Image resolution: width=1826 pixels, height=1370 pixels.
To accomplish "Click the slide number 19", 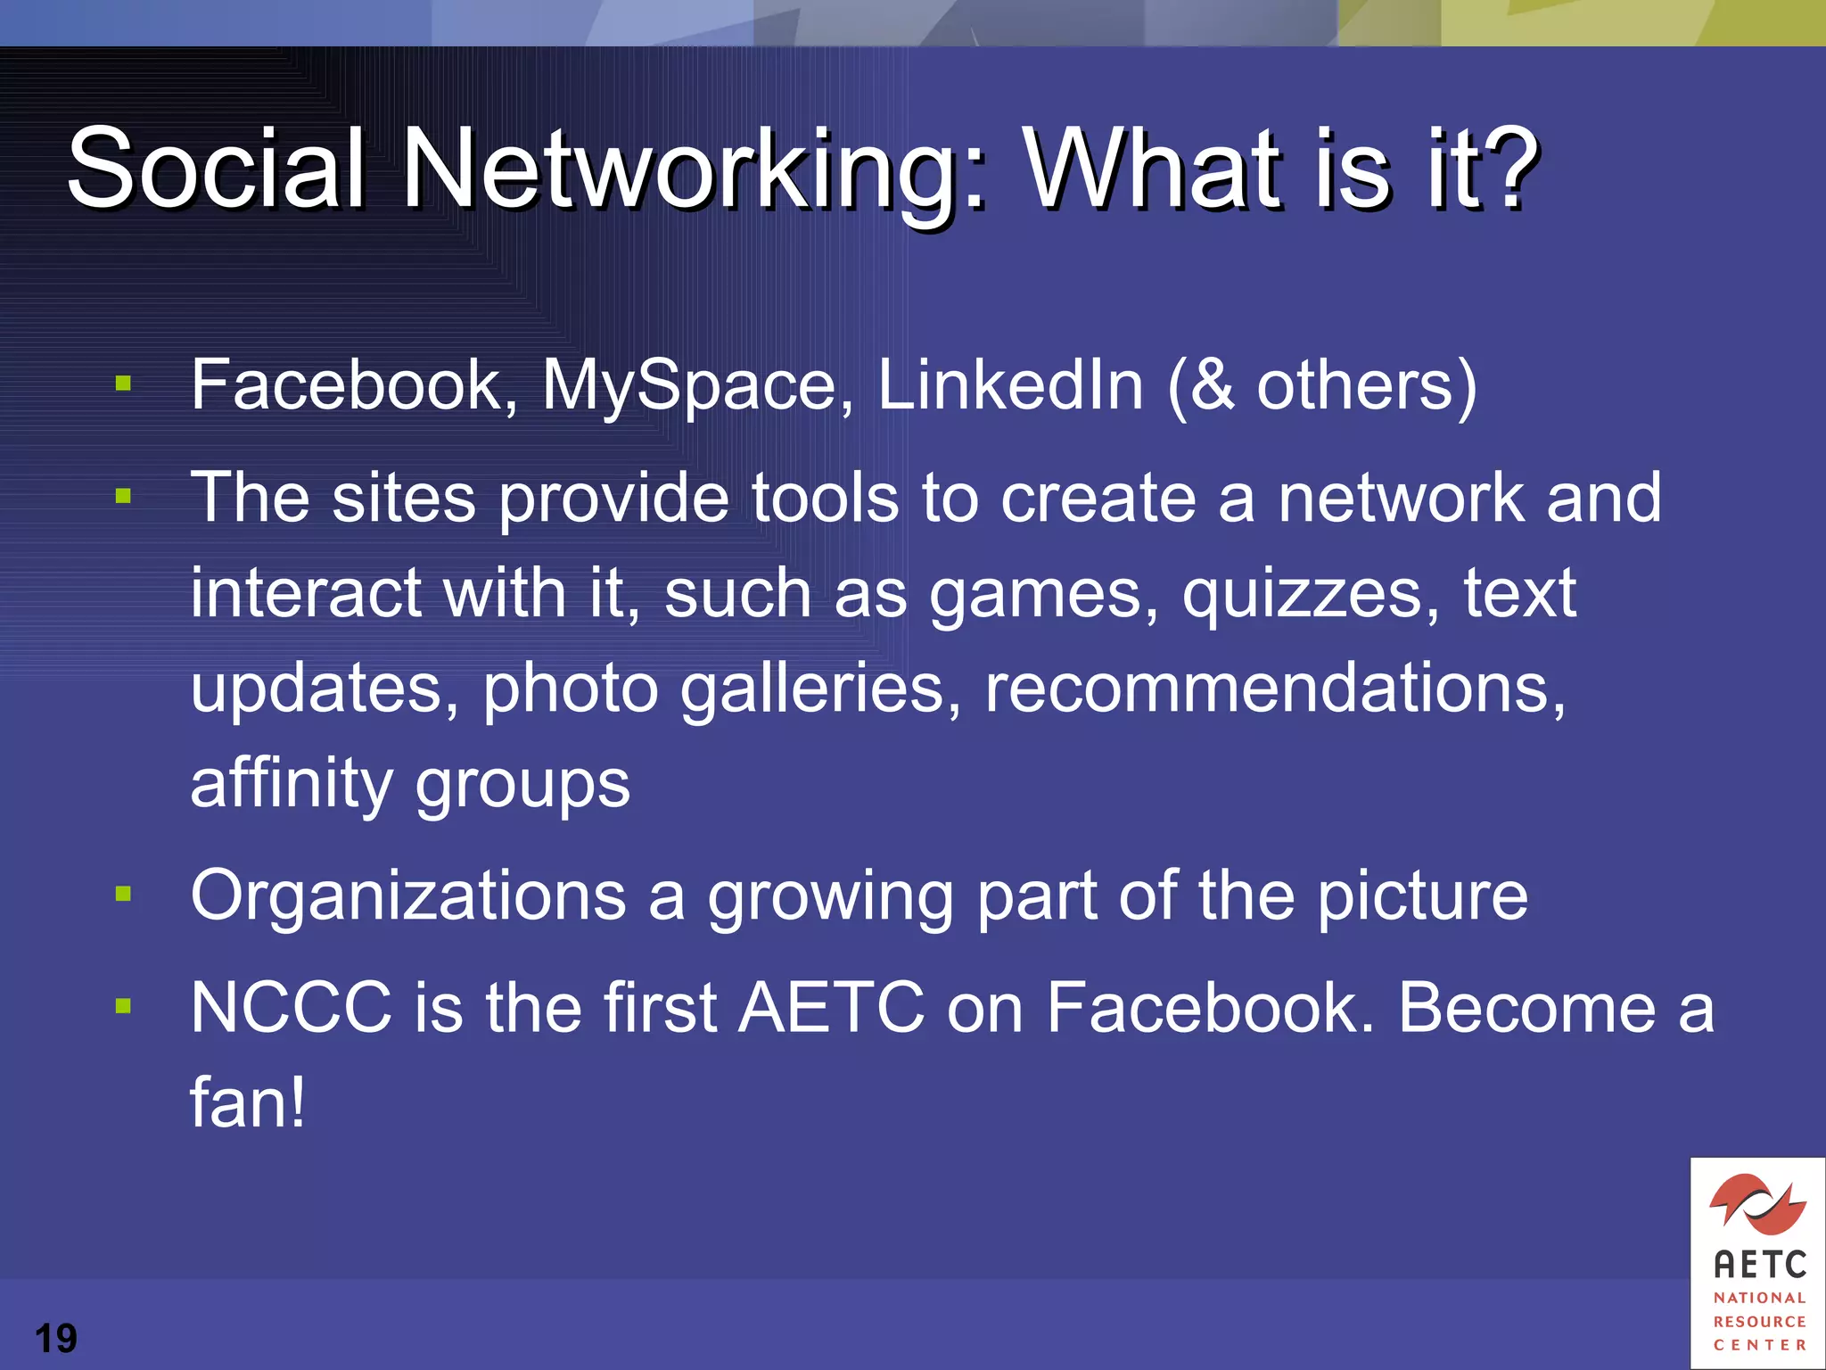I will point(55,1338).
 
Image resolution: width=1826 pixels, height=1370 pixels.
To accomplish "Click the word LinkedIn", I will point(1010,385).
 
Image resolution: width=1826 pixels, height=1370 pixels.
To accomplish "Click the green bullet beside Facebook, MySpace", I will point(123,384).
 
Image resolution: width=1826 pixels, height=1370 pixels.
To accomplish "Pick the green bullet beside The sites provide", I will point(123,496).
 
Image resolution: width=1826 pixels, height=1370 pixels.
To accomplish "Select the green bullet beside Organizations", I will point(123,894).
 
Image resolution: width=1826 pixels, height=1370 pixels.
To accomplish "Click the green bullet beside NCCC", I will point(123,1006).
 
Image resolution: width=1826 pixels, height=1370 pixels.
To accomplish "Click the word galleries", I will point(820,689).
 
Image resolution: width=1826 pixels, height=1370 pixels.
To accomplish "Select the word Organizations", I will point(408,895).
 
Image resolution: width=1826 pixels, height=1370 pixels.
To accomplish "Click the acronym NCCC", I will point(291,1008).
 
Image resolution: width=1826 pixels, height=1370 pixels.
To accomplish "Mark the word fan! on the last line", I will point(248,1102).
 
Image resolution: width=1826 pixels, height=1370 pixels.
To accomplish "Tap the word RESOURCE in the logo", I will point(1759,1321).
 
